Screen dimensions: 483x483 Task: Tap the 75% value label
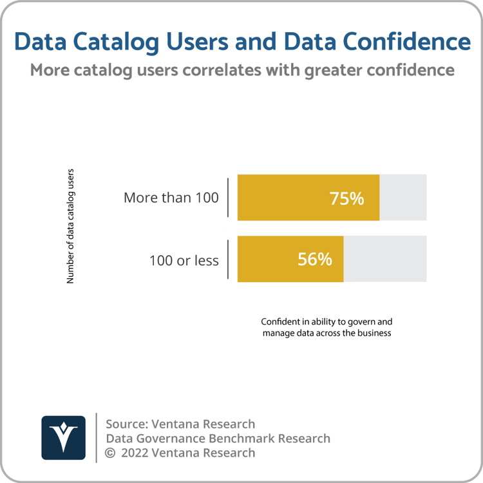(x=346, y=198)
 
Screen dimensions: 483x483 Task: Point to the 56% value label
(x=315, y=260)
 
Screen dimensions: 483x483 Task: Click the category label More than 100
(x=171, y=198)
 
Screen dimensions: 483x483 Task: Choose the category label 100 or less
(x=184, y=261)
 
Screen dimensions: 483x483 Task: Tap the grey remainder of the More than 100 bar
(x=402, y=197)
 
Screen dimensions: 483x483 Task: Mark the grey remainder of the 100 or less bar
(x=384, y=259)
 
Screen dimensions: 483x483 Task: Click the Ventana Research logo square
(x=63, y=438)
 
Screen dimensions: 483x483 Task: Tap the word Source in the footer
(x=125, y=424)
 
